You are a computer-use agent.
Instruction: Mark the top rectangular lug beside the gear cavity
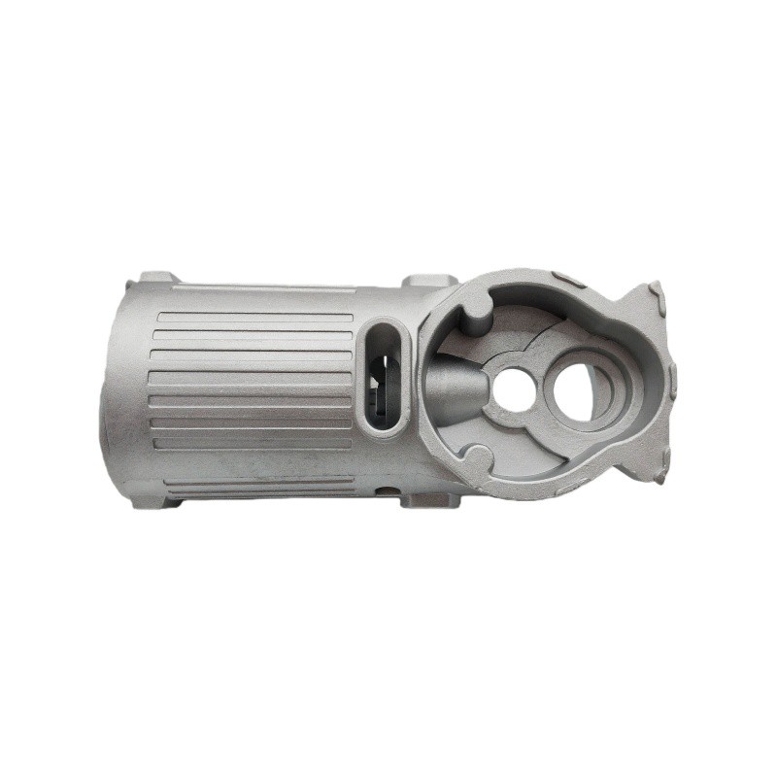[x=428, y=281]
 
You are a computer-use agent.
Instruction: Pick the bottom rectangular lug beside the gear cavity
[x=427, y=500]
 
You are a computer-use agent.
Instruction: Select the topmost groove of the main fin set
[x=254, y=318]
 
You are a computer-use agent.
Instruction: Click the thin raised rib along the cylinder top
[x=262, y=287]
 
